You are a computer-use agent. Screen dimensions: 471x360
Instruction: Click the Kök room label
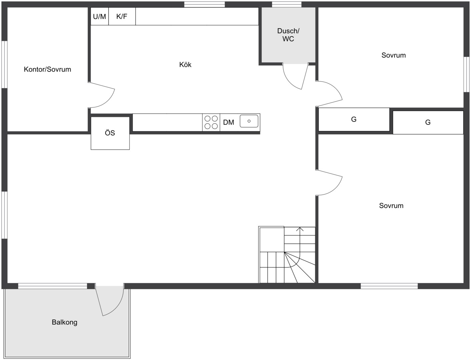185,65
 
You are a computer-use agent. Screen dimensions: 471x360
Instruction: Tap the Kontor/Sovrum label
47,69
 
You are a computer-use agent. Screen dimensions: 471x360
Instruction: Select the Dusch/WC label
288,35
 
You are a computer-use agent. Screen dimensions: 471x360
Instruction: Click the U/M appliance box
99,16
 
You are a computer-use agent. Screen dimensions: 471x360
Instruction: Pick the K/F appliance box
122,16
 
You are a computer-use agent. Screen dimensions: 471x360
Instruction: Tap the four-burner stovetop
211,122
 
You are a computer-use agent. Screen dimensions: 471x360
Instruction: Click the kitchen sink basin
249,121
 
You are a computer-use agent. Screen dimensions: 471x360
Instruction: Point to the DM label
228,122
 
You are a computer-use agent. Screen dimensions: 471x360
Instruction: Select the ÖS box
110,133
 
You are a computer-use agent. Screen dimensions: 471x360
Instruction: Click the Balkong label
65,322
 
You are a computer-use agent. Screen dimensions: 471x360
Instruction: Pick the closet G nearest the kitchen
354,119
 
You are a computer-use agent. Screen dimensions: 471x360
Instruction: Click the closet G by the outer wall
428,122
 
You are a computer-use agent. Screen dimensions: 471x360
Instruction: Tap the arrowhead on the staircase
300,229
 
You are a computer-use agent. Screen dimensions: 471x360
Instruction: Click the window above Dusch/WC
287,4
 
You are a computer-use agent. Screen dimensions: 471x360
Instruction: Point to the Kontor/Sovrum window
5,64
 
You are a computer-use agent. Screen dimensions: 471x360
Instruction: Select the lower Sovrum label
391,206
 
